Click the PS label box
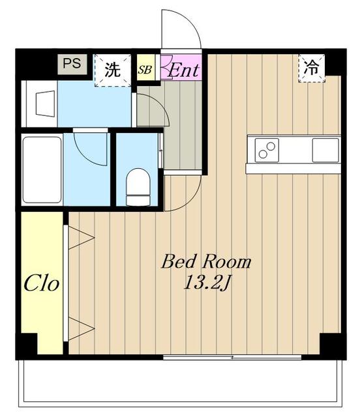tap(72, 64)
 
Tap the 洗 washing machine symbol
tap(113, 70)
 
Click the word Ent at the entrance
tap(183, 70)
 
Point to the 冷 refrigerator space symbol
tap(312, 68)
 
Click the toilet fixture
tap(138, 187)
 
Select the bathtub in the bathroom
tap(42, 169)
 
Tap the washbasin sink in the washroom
tap(46, 104)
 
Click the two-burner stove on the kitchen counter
tap(267, 151)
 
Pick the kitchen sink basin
tap(325, 151)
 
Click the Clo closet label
tap(41, 284)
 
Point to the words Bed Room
tap(206, 262)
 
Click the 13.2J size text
tap(206, 283)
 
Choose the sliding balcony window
tap(232, 357)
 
